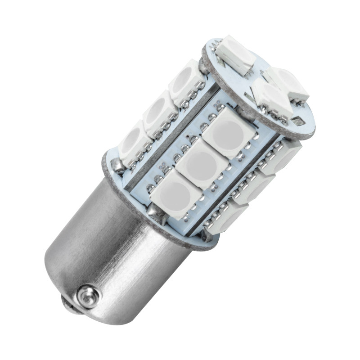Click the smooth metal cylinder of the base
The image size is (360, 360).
click(117, 252)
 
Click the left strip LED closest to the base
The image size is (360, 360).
click(134, 143)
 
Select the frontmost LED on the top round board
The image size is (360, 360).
click(270, 99)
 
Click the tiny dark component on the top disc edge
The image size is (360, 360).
click(297, 121)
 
